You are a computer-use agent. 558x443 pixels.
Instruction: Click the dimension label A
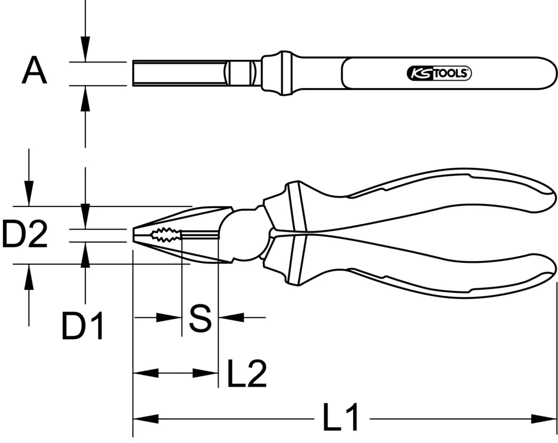point(35,73)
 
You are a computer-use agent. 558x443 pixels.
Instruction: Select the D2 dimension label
point(25,235)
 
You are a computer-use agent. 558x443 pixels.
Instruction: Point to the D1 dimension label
point(83,327)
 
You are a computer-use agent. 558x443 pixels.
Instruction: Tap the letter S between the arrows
point(199,318)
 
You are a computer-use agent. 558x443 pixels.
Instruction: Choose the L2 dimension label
point(247,374)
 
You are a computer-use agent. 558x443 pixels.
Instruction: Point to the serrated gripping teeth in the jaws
point(165,235)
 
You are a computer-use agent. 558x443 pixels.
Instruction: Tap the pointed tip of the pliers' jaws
point(134,235)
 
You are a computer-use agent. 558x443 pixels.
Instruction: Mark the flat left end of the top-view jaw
point(134,73)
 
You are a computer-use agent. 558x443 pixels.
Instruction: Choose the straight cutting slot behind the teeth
point(200,235)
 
